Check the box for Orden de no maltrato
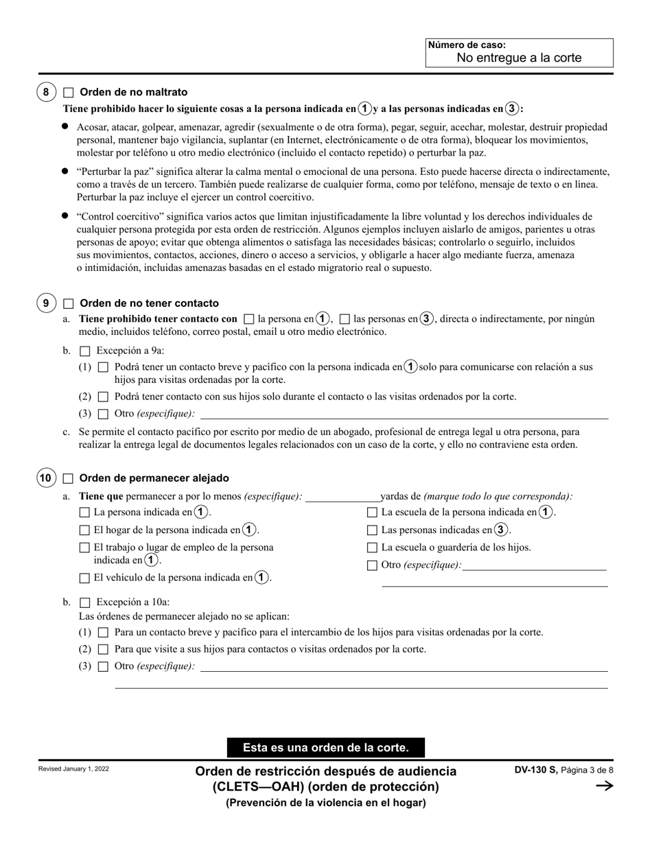pos(69,92)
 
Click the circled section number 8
pos(46,92)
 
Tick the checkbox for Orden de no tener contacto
pos(69,303)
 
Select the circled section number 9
pos(46,303)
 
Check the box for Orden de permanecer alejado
pos(69,478)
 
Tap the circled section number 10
pos(46,478)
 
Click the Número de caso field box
pos(519,53)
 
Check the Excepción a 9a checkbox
pos(85,351)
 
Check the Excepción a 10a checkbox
pos(85,602)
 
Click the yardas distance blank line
pos(342,497)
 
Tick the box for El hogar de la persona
pos(85,530)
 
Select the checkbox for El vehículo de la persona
pos(85,578)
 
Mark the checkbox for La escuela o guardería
pos(372,548)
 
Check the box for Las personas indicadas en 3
pos(372,530)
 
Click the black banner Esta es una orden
pos(326,747)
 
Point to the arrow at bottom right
pos(603,786)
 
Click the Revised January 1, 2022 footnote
pos(73,769)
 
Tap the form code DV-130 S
pos(536,771)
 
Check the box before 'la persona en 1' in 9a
pos(249,319)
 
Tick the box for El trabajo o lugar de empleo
pos(85,548)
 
